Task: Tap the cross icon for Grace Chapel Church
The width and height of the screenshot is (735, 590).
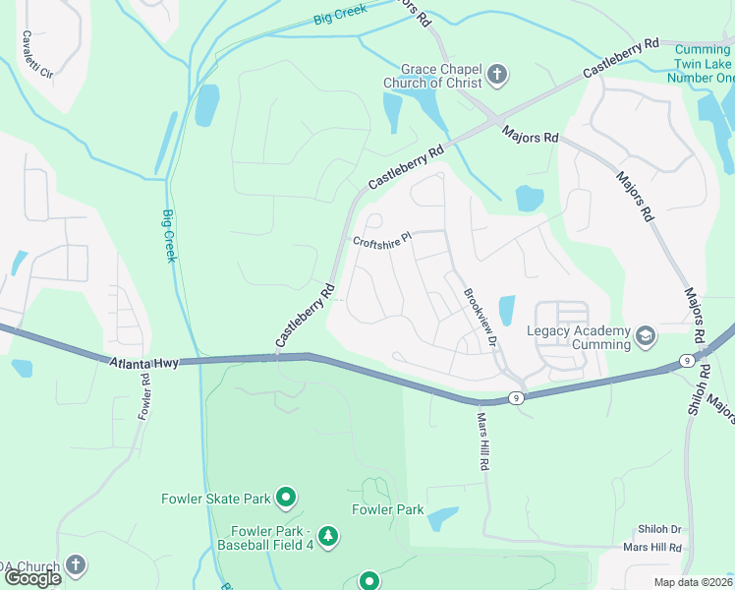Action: [497, 74]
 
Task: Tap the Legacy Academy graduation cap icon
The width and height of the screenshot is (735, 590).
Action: [645, 337]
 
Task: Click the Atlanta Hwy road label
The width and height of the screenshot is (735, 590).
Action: [143, 363]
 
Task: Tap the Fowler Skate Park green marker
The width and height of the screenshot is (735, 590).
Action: [286, 499]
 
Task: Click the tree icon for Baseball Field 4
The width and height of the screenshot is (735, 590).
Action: [328, 536]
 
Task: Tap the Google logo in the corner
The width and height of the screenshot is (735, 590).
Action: [32, 578]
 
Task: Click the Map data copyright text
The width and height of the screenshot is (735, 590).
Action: [693, 582]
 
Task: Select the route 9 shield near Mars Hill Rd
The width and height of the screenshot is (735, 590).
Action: [515, 398]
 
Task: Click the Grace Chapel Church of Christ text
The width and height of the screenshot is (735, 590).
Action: [432, 76]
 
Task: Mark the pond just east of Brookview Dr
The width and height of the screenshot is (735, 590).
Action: [506, 310]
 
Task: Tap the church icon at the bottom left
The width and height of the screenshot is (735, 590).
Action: [76, 565]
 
